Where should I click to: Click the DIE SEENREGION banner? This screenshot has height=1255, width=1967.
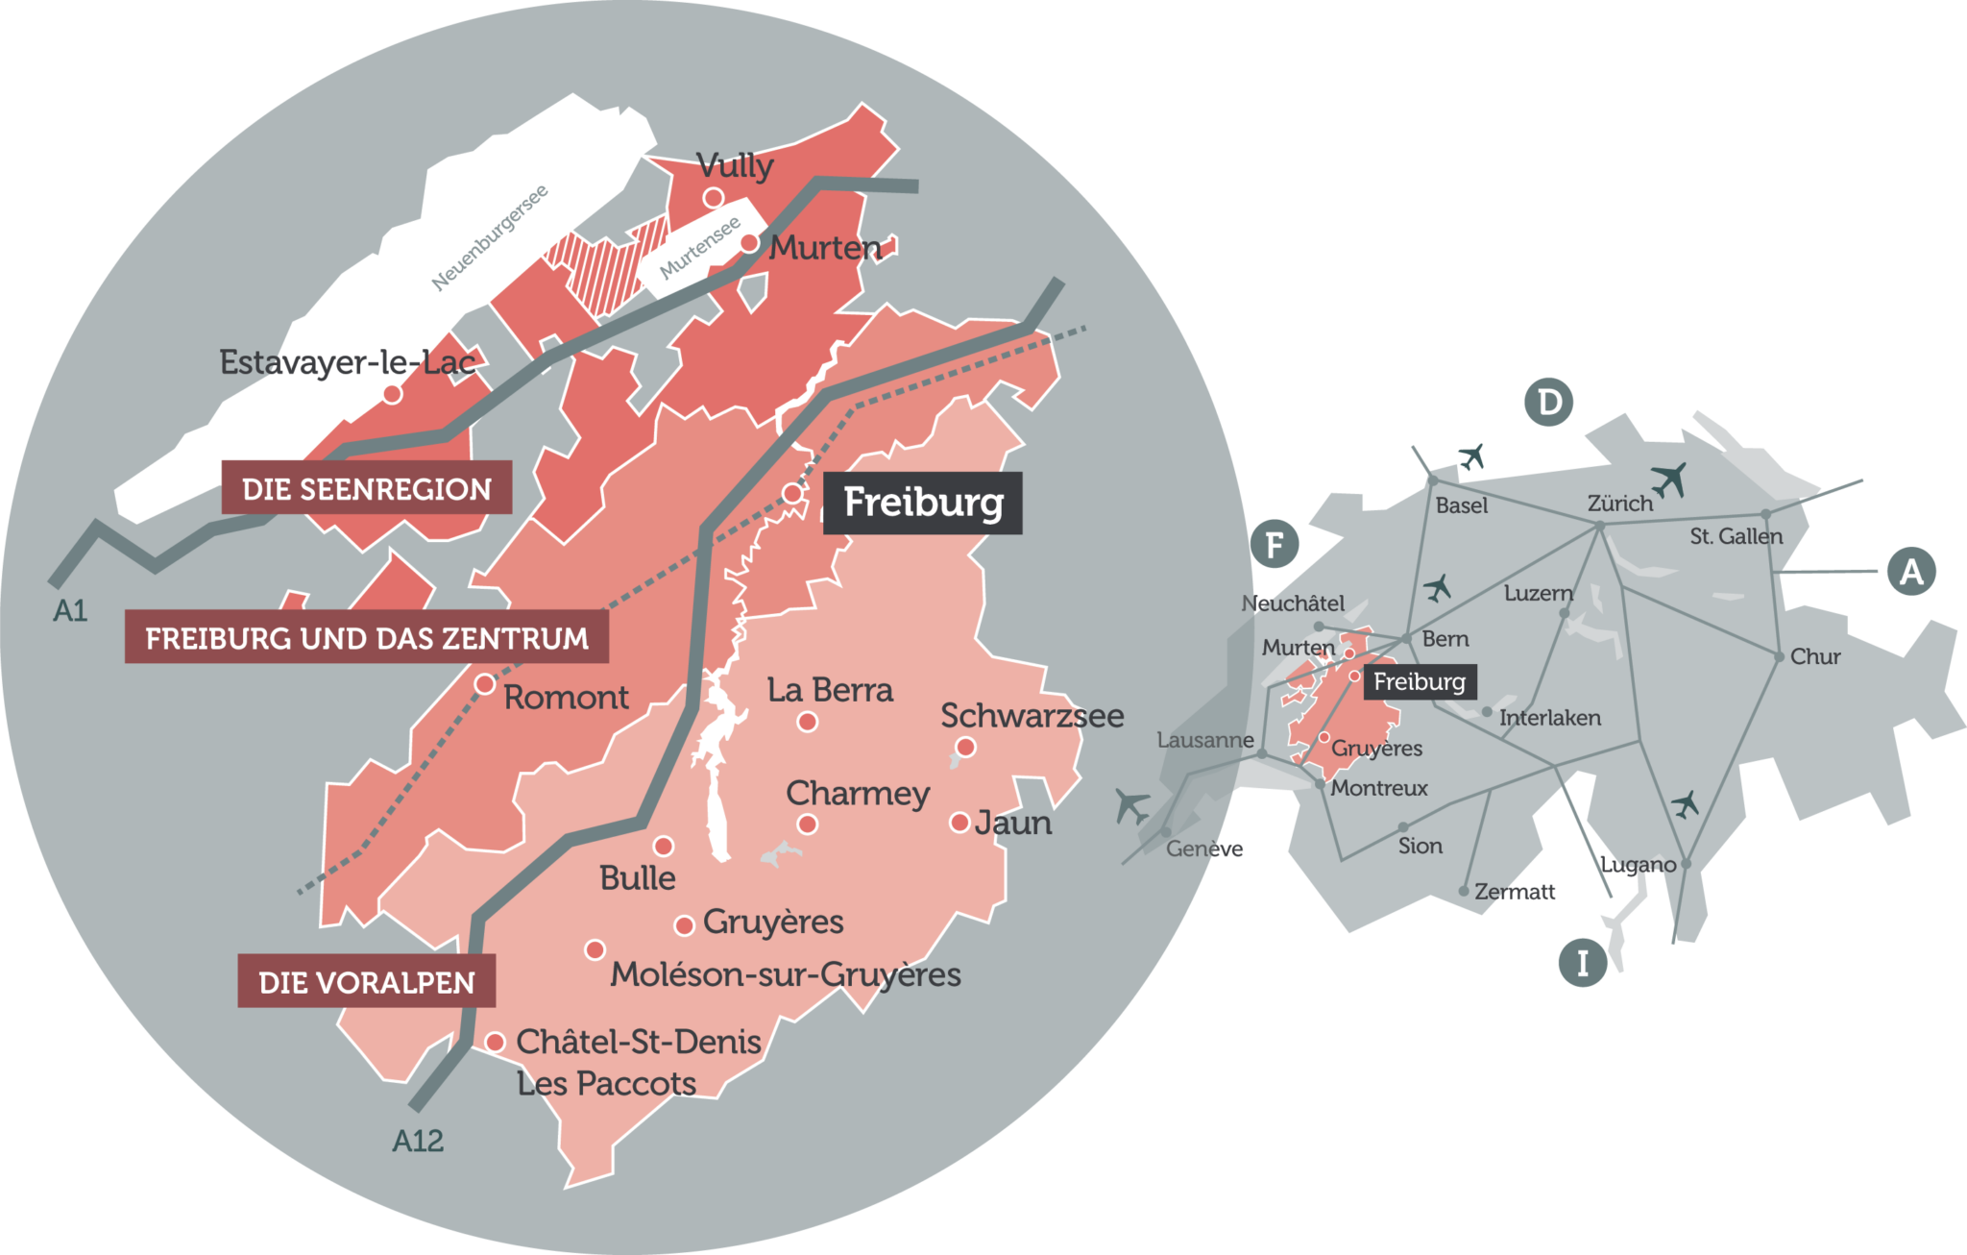click(366, 489)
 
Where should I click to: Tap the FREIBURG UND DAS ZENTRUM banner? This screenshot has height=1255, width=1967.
click(367, 638)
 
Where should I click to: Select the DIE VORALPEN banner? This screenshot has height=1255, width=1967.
click(367, 982)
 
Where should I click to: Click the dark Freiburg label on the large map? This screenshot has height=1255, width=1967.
click(923, 503)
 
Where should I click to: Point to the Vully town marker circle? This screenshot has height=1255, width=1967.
click(713, 198)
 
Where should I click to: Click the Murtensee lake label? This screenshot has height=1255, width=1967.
click(700, 247)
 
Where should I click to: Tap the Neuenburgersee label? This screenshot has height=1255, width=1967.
click(490, 237)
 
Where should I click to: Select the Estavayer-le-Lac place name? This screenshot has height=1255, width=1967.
click(348, 362)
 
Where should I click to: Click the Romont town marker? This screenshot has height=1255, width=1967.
click(485, 684)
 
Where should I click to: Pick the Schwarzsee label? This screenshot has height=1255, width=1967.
click(1032, 716)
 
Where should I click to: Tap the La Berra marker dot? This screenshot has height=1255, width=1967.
click(808, 722)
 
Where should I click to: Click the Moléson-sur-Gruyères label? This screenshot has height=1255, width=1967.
click(786, 974)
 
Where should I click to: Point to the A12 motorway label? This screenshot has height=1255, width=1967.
click(418, 1141)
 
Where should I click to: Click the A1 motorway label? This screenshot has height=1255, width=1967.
click(70, 610)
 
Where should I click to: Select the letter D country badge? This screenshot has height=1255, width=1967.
click(1549, 402)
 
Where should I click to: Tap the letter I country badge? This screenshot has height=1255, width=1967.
click(1582, 963)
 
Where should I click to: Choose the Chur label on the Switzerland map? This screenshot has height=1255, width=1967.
click(1814, 657)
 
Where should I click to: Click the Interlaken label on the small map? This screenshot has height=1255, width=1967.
click(1549, 718)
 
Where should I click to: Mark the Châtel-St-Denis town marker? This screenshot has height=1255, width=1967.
click(496, 1042)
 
